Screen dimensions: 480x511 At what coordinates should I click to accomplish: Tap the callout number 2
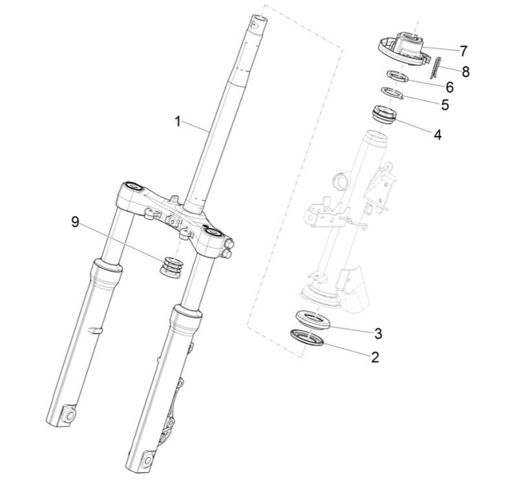[x=375, y=356]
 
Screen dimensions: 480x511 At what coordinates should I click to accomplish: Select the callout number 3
[x=379, y=333]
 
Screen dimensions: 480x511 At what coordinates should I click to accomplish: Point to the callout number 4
[x=437, y=135]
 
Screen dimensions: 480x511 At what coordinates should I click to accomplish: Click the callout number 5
[x=444, y=104]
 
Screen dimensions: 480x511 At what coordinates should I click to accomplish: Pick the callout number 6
[x=449, y=86]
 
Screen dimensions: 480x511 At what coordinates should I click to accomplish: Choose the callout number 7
[x=463, y=50]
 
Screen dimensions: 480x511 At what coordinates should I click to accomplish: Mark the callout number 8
[x=465, y=72]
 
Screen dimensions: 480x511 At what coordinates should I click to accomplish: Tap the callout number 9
[x=75, y=222]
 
